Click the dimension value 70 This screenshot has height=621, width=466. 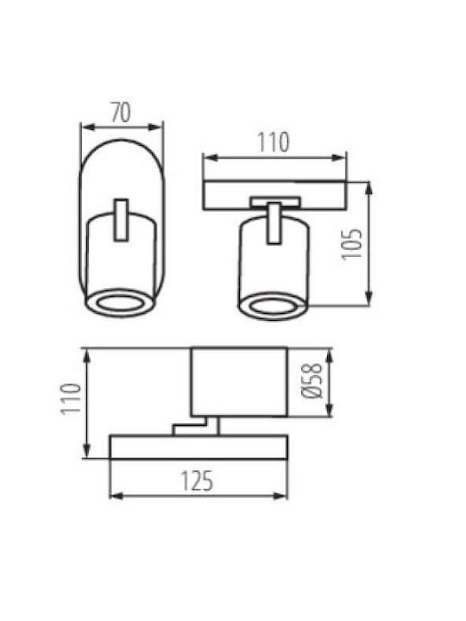(121, 112)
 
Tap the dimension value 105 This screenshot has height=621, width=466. (352, 244)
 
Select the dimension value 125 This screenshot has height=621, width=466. (197, 480)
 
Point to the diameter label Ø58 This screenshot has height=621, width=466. (312, 380)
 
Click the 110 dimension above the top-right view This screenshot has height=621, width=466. (274, 142)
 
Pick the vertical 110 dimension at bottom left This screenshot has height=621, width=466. (71, 398)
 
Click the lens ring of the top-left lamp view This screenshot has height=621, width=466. (120, 304)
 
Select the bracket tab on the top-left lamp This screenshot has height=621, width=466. (121, 220)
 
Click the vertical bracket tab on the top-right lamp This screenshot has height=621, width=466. (274, 223)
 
